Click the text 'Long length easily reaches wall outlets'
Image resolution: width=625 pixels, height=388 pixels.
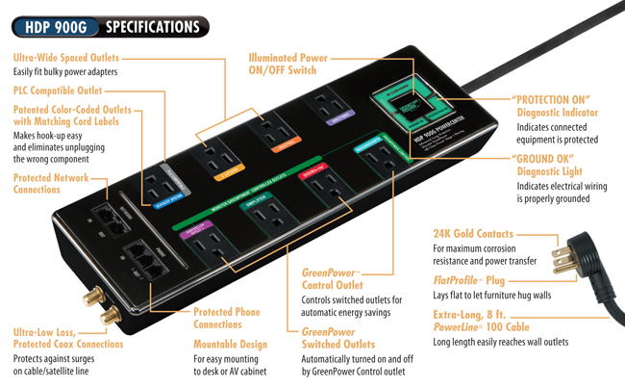[x=507, y=342]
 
